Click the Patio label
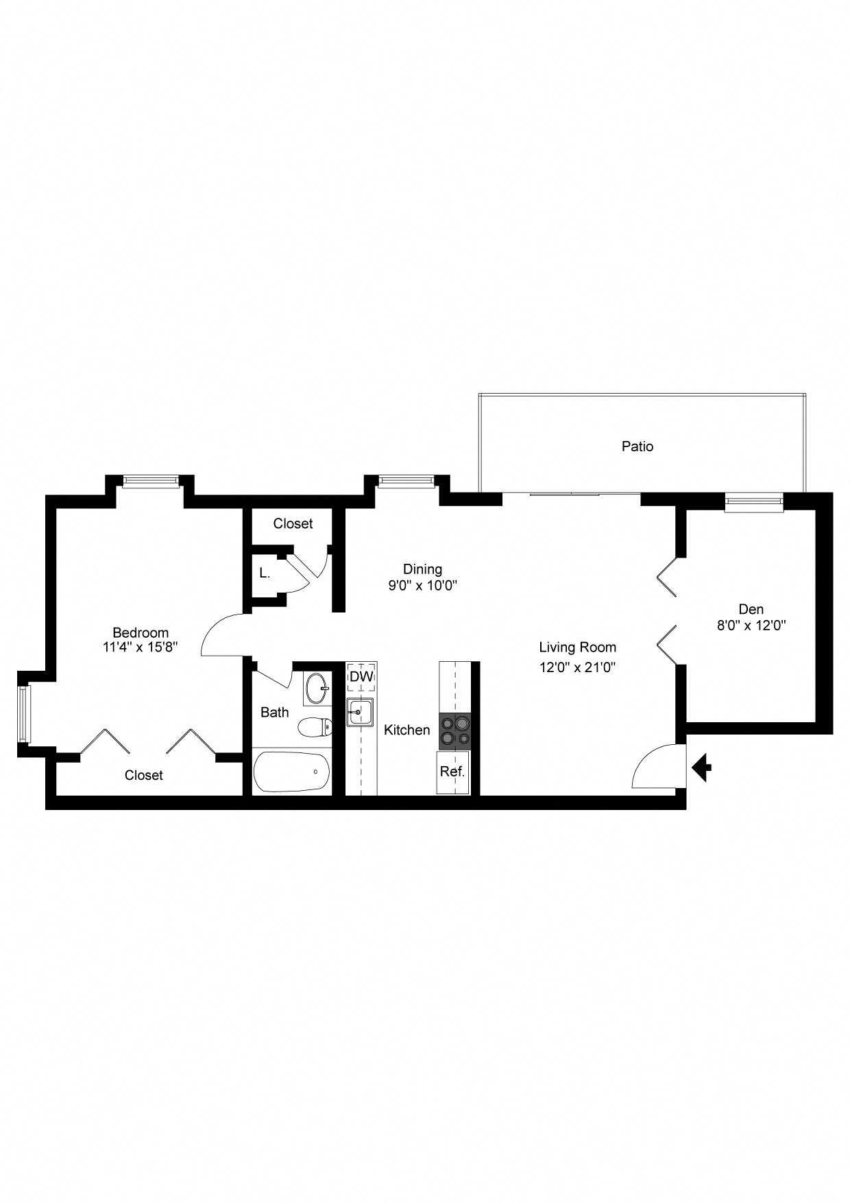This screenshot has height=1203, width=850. pos(637,446)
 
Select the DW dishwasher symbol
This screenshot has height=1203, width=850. pos(361,676)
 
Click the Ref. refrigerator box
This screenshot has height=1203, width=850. pos(452,772)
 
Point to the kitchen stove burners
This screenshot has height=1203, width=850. pos(454,730)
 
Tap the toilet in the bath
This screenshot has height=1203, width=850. pos(315,727)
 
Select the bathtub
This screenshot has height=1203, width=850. pos(291,772)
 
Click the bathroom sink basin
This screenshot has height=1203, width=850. pos(317,688)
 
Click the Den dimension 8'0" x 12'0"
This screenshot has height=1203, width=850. pos(751,625)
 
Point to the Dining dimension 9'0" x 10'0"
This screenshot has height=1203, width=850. pos(422,585)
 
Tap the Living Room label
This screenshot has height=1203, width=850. pos(577,647)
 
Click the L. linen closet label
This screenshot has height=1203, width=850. pos(265,573)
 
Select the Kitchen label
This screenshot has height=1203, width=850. pos(406,730)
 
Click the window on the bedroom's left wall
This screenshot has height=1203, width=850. pos(25,713)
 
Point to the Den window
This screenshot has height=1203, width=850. pos(754,503)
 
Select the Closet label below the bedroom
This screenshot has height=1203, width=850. pos(144,775)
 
